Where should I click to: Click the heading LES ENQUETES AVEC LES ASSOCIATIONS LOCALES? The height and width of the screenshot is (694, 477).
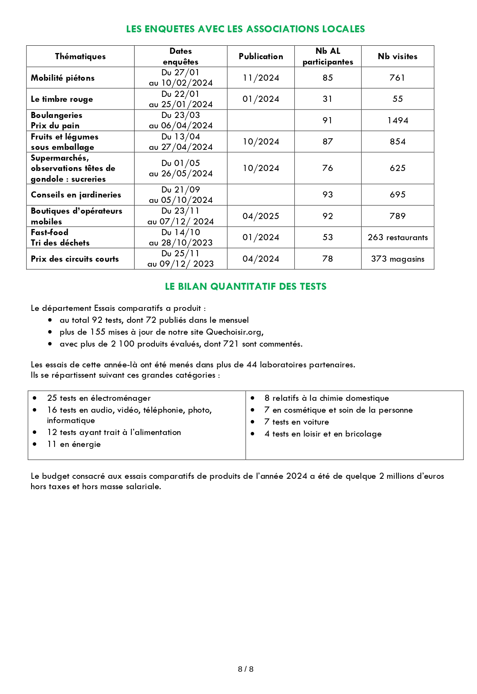[245, 29]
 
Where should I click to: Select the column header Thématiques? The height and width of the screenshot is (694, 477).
[80, 56]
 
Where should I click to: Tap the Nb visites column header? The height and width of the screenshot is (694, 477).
[397, 56]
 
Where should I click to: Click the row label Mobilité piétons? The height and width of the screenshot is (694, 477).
[63, 78]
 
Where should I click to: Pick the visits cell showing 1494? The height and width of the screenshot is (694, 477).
[397, 121]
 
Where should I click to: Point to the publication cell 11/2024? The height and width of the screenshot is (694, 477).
[261, 78]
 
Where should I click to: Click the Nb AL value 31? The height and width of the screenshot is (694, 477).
[327, 99]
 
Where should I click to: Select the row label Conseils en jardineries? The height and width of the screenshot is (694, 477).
[76, 195]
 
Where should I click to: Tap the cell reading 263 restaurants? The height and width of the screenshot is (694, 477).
[397, 237]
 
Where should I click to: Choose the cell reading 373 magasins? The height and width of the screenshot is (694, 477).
[397, 259]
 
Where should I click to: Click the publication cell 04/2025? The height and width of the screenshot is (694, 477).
[261, 216]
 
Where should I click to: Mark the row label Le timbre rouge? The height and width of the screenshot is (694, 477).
[62, 99]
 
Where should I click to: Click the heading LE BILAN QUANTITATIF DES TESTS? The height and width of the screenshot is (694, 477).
[246, 287]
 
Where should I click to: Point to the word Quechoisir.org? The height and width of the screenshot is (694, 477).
[234, 332]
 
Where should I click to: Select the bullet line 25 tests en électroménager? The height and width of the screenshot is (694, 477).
[99, 398]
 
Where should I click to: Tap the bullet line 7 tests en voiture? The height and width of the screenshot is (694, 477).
[296, 422]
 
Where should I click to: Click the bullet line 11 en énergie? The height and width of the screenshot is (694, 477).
[74, 444]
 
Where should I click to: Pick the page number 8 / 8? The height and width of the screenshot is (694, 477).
[246, 669]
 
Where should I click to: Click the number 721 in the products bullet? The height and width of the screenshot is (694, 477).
[231, 344]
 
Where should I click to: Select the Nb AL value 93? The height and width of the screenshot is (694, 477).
[327, 195]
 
